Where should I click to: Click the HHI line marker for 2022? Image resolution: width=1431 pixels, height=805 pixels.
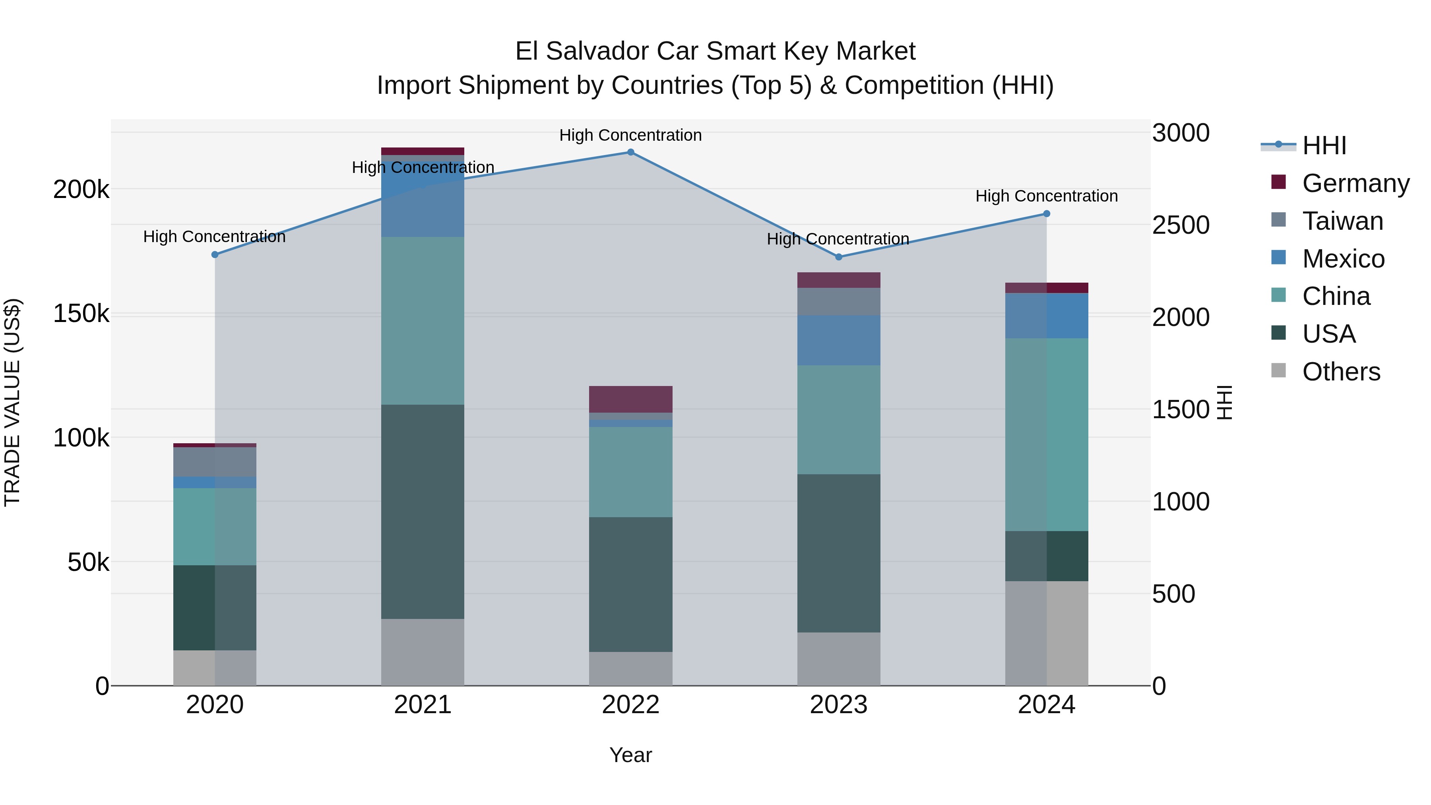pos(630,152)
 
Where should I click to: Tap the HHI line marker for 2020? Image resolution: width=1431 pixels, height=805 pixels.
pos(215,254)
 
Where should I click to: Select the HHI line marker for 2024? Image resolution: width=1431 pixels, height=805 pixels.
pos(1047,214)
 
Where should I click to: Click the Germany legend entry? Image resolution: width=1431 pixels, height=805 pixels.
pos(1355,183)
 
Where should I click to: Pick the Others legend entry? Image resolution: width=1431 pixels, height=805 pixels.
pos(1341,372)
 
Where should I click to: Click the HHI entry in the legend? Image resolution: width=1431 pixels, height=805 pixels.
pos(1324,145)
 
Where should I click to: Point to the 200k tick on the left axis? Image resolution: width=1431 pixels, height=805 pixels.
pos(81,190)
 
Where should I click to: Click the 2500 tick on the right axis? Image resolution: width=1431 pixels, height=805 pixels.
pos(1181,225)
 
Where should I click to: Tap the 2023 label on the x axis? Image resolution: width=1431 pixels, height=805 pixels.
pos(838,705)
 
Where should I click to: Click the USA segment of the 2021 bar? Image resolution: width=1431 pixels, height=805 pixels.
pos(423,511)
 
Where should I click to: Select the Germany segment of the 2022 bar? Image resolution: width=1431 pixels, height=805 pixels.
pos(630,399)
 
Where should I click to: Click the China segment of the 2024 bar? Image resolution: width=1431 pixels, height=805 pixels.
pos(1047,435)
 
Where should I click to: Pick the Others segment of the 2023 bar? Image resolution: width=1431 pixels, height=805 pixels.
pos(838,659)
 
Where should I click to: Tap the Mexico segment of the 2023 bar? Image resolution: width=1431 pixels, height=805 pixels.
pos(838,340)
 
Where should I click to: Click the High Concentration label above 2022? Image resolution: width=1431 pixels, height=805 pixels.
pos(630,136)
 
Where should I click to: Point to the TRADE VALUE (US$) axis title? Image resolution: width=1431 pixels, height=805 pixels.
pos(12,402)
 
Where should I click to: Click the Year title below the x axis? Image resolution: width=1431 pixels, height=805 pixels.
pos(630,755)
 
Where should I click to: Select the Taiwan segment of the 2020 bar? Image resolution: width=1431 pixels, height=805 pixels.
pos(215,462)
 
